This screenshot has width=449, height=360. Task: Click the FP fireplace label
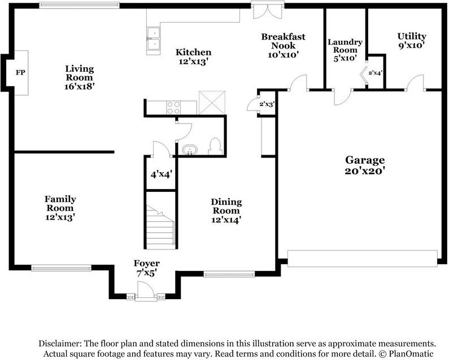point(20,72)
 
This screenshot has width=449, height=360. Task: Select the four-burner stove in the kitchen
point(173,108)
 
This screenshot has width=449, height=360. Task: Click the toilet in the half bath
point(215,146)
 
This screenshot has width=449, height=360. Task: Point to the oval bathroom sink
point(190,150)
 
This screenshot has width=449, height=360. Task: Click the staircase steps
point(160,227)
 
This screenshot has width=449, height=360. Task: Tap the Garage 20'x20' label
point(365,165)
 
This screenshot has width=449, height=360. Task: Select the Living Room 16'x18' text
point(79,77)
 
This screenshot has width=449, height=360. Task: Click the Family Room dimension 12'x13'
point(60,217)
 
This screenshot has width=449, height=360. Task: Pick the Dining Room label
point(226,206)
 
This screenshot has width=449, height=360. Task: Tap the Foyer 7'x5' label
point(147,268)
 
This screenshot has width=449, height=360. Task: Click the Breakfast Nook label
point(283,41)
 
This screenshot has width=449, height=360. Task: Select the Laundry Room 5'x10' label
point(345,50)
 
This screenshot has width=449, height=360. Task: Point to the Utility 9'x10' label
point(412,41)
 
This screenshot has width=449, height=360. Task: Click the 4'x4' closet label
point(161,174)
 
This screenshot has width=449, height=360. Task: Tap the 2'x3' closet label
point(267,104)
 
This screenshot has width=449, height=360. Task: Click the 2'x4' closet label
point(375,73)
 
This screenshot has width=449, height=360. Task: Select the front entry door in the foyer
point(146,291)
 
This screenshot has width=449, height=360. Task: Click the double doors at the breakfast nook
point(268,10)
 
